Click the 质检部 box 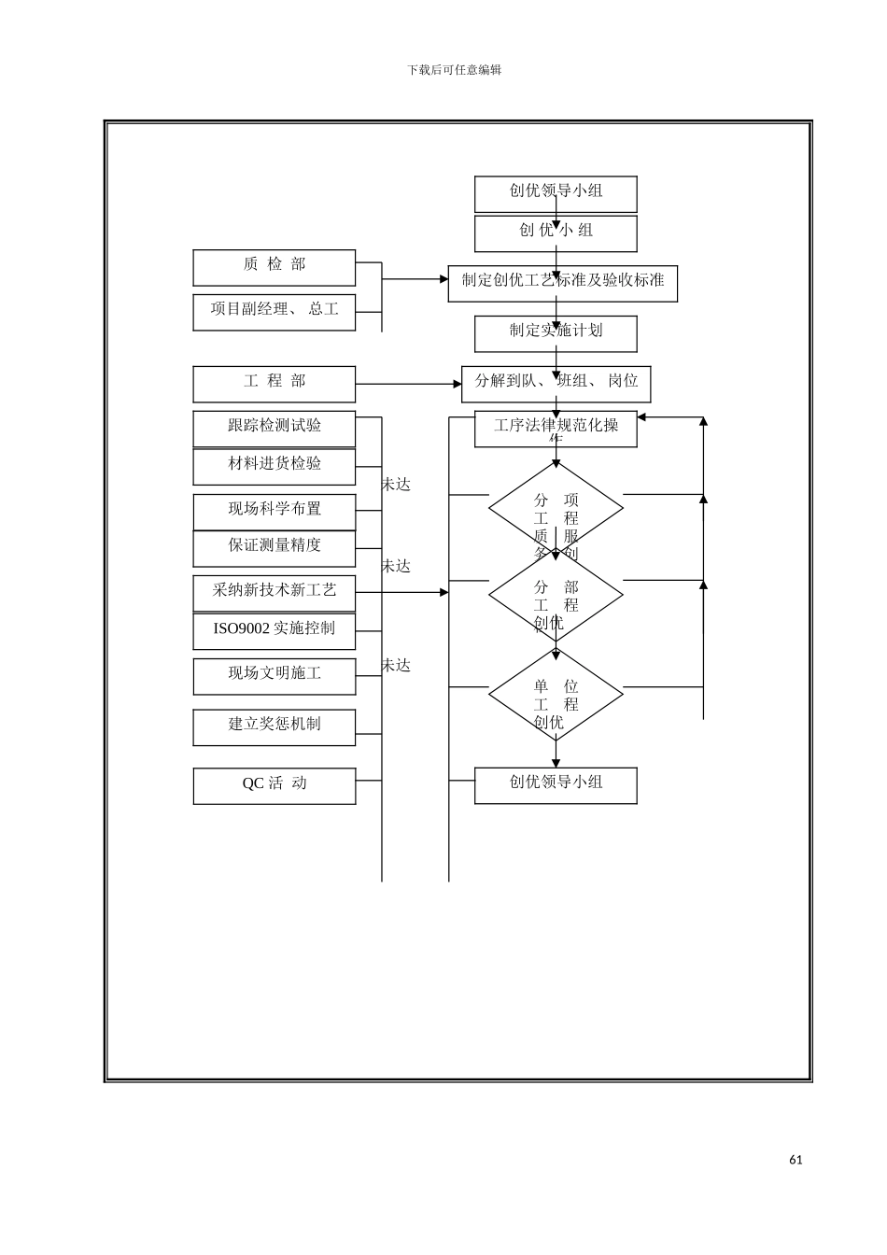point(274,267)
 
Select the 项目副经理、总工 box point(274,312)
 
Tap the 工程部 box point(274,384)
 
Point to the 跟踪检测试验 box point(274,429)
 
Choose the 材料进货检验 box point(274,466)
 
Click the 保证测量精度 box point(274,548)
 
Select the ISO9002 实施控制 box point(274,630)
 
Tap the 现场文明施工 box point(274,676)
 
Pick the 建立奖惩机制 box point(274,726)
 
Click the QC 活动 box point(274,785)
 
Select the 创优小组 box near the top point(556,233)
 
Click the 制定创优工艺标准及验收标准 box point(562,282)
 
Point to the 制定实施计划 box point(556,333)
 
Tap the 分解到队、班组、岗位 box point(556,384)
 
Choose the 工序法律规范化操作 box point(556,429)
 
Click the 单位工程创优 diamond point(556,695)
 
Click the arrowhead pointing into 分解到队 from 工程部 point(457,384)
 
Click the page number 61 point(795,1160)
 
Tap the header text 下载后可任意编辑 point(455,70)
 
